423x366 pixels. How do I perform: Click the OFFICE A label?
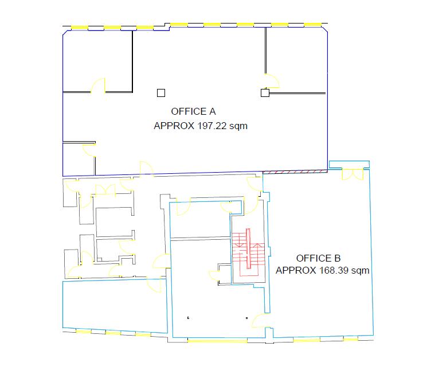coord(193,111)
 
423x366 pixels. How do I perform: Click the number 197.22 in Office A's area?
coord(211,126)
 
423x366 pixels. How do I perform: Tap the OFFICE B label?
coord(318,258)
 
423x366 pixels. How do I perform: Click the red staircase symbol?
coord(248,252)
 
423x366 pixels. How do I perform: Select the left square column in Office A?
coord(161,93)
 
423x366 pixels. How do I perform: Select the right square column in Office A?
coord(265,93)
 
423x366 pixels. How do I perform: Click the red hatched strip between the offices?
coord(295,172)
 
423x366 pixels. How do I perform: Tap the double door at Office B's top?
coord(353,174)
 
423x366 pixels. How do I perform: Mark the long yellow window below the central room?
coord(217,341)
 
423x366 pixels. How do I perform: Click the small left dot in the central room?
coord(188,318)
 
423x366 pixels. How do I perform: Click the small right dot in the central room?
coord(246,318)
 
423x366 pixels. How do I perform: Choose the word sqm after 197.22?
coord(238,126)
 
